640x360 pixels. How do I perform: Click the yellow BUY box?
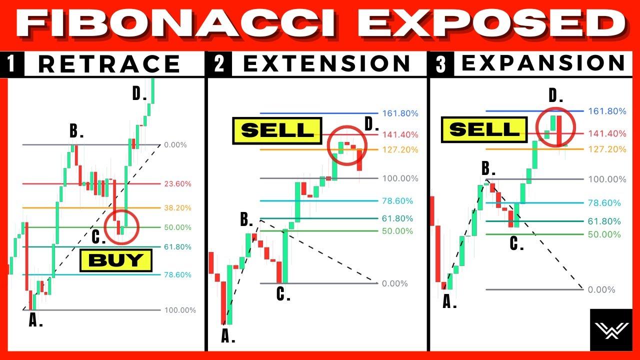(x=115, y=260)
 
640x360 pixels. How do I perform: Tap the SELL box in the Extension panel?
(x=277, y=130)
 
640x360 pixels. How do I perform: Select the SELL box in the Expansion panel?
(x=484, y=129)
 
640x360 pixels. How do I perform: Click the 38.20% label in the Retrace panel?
(x=177, y=208)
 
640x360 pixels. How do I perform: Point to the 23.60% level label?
(x=177, y=183)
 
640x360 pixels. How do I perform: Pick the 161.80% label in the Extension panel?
(x=400, y=113)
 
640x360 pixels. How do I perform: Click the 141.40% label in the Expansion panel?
(x=607, y=133)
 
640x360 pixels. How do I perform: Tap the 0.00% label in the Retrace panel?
(x=175, y=145)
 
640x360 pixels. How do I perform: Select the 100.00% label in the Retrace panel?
(x=180, y=310)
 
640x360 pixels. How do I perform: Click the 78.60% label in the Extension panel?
(x=397, y=201)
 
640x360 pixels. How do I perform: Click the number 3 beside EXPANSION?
(x=441, y=64)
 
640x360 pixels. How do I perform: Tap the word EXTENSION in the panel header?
(x=327, y=63)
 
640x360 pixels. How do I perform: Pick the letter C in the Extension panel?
(x=281, y=293)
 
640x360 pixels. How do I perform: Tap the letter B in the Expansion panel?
(x=486, y=168)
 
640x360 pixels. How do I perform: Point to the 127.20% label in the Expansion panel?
(x=607, y=149)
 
